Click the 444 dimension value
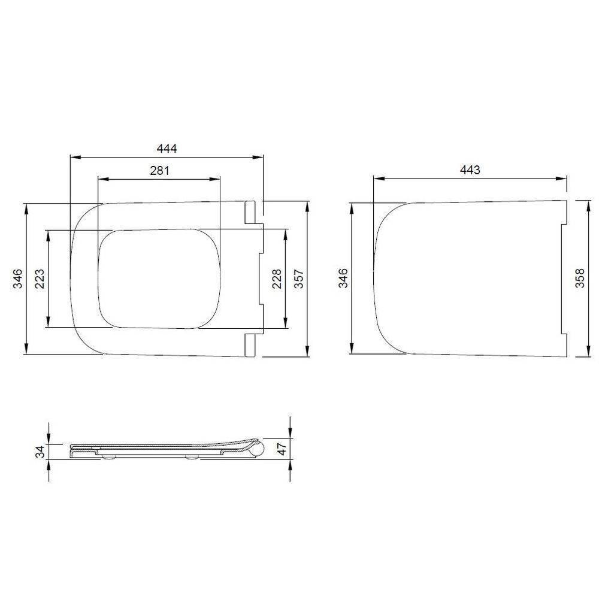167,149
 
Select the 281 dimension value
159,170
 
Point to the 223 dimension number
40,279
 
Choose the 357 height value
299,279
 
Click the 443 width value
470,170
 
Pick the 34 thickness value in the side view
40,452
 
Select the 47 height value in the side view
282,449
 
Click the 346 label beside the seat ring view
17,279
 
